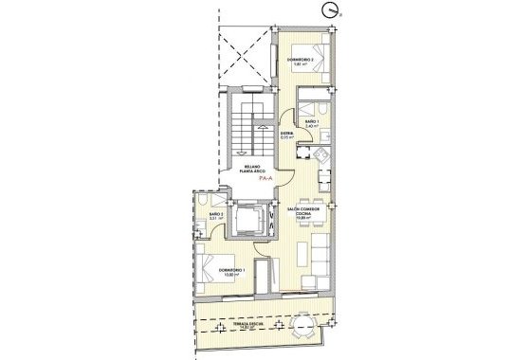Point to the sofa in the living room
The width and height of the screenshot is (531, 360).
click(x=320, y=256)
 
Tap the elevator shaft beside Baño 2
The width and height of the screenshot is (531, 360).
click(x=251, y=221)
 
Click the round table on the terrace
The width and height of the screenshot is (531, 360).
click(x=304, y=327)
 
